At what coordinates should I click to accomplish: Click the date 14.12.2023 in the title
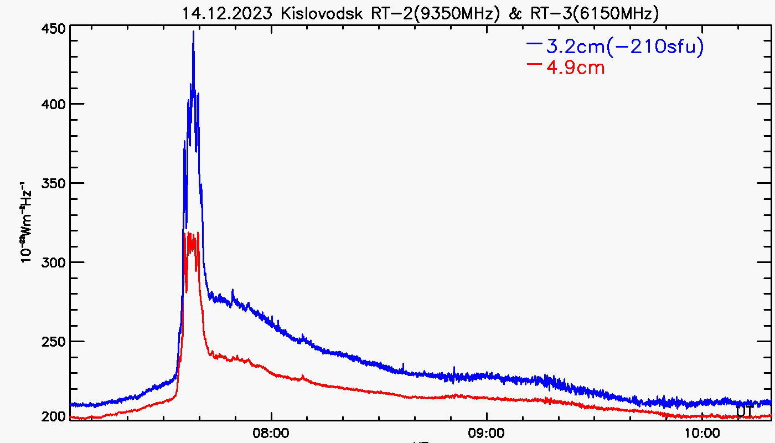[x=228, y=13]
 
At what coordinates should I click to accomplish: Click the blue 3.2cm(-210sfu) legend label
[x=625, y=48]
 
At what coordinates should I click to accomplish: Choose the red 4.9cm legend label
[x=575, y=68]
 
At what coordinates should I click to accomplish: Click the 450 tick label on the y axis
[x=54, y=28]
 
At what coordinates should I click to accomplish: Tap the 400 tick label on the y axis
[x=54, y=104]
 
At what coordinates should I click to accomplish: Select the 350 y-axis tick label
[x=54, y=183]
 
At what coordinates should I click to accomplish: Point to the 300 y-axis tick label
[x=54, y=262]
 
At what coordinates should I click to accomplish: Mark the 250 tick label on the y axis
[x=54, y=341]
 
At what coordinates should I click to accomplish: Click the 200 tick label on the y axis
[x=54, y=416]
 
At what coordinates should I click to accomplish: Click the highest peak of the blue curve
[x=193, y=32]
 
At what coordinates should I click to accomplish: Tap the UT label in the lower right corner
[x=744, y=411]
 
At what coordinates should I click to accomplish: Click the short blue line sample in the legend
[x=535, y=43]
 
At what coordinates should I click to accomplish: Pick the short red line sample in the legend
[x=535, y=64]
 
